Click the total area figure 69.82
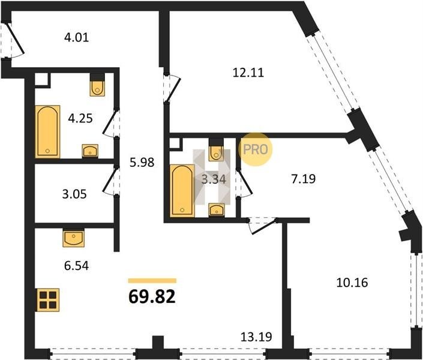(152, 296)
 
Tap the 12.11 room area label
(248, 73)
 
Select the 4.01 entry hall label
(77, 37)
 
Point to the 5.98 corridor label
(142, 162)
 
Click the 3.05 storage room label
(74, 194)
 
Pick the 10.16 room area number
(352, 283)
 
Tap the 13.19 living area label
(256, 337)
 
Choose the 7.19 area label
(304, 179)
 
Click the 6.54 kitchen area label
(77, 266)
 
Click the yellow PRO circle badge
(256, 149)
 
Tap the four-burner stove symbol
(48, 300)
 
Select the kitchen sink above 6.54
(74, 238)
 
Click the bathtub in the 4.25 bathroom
(47, 131)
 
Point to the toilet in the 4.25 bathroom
(97, 85)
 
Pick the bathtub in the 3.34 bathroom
(182, 191)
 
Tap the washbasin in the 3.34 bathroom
(217, 210)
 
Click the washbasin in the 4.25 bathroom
(90, 151)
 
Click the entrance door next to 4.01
(13, 40)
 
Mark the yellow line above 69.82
(152, 281)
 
